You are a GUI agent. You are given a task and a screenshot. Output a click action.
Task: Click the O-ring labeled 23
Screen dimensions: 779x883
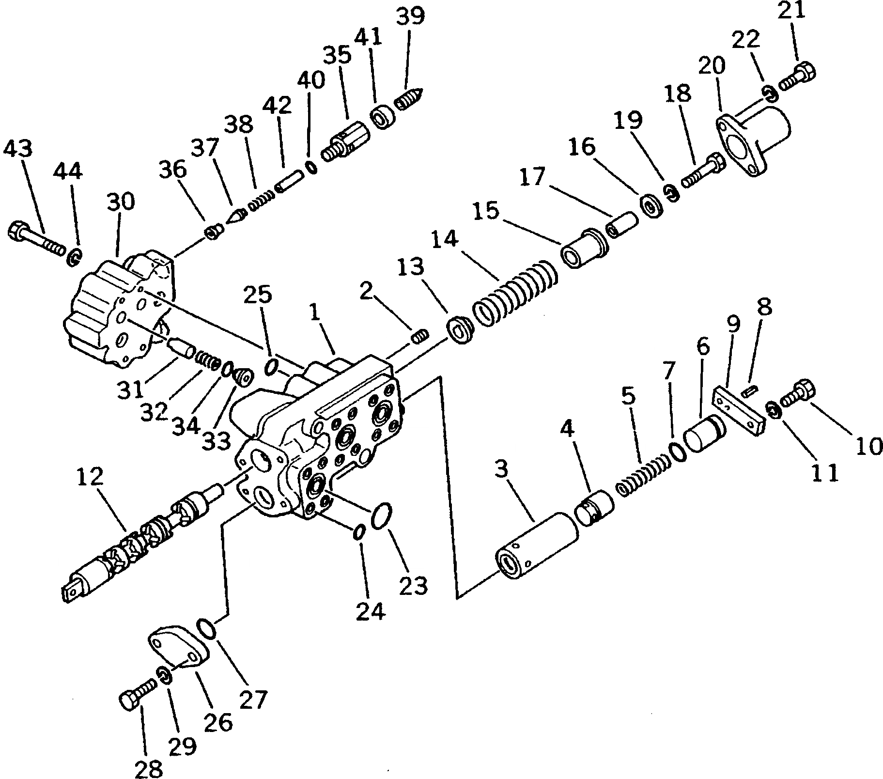coord(382,516)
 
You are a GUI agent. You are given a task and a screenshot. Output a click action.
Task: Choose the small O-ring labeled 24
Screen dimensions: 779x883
coord(358,531)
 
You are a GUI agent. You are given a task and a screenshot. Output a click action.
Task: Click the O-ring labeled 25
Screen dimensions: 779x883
coord(272,367)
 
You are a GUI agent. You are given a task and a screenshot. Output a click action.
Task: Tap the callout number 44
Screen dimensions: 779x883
coord(68,172)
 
